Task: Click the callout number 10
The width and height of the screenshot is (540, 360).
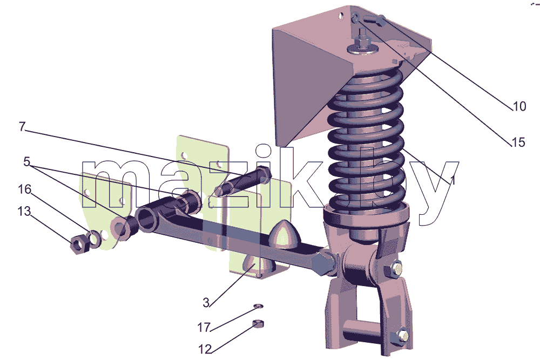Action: pos(519,106)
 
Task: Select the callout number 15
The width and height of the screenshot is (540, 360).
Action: pos(518,142)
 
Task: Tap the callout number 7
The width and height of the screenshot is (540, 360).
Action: pos(22,127)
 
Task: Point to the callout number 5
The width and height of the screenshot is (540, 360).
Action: pos(27,161)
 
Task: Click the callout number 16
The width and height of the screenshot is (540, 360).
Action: pos(24,189)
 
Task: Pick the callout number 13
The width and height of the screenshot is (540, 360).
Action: pos(24,212)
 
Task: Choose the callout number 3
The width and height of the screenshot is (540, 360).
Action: pos(206,303)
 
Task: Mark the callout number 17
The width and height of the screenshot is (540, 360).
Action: pos(204,327)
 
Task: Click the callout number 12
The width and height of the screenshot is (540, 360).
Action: pos(205,349)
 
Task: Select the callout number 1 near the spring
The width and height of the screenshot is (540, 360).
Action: pos(453,180)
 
